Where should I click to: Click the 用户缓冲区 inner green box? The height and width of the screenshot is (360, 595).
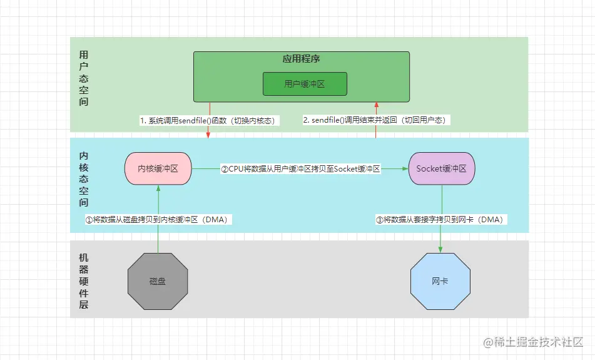[304, 83]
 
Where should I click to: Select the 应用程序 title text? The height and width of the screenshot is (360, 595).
[302, 59]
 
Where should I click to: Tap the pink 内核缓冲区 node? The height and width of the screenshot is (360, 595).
[158, 169]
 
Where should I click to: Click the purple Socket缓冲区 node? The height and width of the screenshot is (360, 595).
[441, 169]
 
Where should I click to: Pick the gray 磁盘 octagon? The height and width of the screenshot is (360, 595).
[158, 281]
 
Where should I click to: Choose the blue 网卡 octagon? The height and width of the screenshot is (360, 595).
[440, 281]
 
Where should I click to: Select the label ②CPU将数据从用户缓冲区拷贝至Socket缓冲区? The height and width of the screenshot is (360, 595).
[300, 169]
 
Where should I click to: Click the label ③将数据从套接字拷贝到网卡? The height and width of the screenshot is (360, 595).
[440, 220]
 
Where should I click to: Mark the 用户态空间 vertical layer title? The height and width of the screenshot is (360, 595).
[84, 78]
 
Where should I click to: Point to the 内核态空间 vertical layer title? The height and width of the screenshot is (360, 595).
[84, 179]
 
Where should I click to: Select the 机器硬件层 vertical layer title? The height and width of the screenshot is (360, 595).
[84, 281]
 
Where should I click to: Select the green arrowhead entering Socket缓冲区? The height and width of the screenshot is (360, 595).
[404, 169]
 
